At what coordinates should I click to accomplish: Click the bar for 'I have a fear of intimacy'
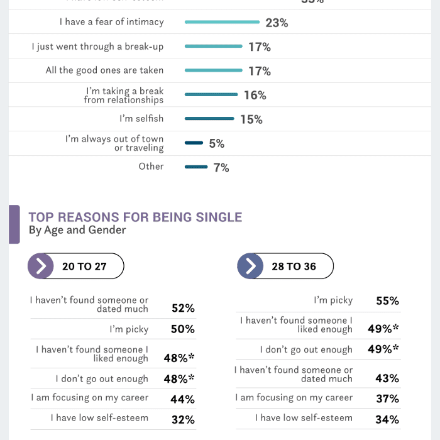(222, 22)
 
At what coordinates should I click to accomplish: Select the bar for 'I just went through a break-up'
(213, 46)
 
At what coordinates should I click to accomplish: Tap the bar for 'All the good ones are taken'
(213, 70)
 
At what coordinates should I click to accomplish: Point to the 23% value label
(277, 23)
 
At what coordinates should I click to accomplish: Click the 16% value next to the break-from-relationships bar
(255, 95)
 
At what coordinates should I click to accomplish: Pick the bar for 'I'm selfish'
(209, 119)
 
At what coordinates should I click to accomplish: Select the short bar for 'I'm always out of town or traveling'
(194, 143)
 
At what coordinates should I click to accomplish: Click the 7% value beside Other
(221, 168)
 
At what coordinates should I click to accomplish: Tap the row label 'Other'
(151, 167)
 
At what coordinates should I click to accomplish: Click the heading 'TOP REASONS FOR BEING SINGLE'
(135, 217)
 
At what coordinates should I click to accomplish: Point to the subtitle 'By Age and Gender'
(77, 230)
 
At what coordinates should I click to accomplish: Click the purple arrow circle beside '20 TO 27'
(41, 266)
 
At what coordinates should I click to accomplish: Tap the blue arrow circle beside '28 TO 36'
(250, 266)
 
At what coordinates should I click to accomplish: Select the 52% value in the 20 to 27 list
(183, 308)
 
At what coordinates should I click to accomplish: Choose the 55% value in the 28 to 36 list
(387, 300)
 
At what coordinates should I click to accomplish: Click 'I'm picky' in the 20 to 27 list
(129, 329)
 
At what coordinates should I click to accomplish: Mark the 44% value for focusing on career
(182, 399)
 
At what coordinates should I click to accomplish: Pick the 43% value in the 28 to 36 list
(387, 378)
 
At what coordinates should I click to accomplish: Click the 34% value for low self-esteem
(387, 419)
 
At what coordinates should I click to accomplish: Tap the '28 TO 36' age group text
(294, 267)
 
